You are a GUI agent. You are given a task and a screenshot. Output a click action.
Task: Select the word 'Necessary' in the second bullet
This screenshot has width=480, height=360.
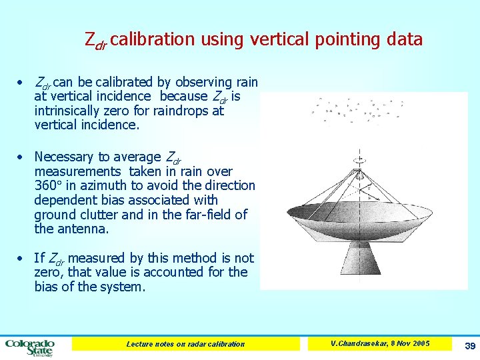pos(63,157)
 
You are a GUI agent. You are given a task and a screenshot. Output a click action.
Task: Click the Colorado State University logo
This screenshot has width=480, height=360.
pos(29,346)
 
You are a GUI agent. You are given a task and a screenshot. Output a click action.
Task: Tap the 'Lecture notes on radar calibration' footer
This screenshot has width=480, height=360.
pos(186,344)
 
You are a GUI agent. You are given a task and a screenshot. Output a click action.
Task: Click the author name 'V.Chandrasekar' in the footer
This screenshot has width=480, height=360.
pos(357,343)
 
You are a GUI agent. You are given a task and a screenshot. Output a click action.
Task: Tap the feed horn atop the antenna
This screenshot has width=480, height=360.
pos(360,160)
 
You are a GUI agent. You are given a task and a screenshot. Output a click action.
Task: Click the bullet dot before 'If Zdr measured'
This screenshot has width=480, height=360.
pos(21,258)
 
